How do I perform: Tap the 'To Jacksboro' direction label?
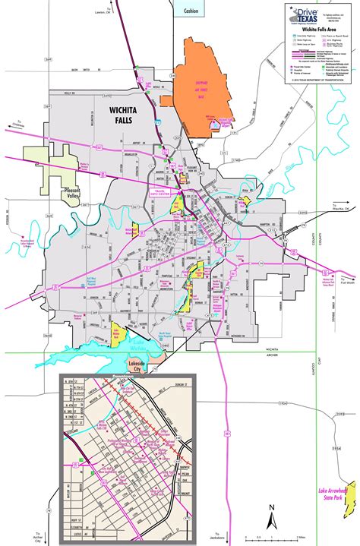[222, 536]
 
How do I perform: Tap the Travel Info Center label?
[165, 173]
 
